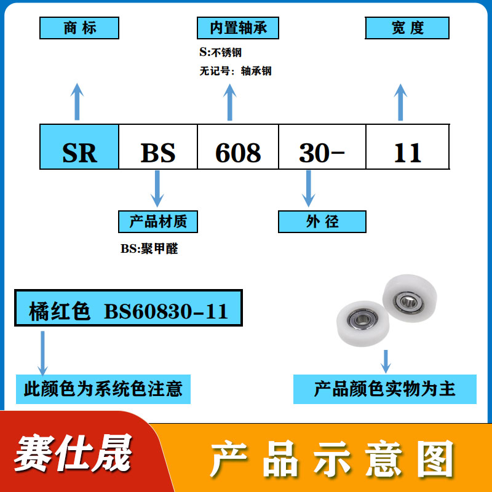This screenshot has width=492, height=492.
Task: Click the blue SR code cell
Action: pyautogui.click(x=79, y=146)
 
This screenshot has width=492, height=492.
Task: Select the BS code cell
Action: pyautogui.click(x=158, y=146)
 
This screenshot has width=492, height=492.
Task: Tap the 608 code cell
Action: pyautogui.click(x=238, y=146)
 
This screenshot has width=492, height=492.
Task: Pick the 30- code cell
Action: pyautogui.click(x=322, y=146)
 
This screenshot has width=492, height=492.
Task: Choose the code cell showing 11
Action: pyautogui.click(x=407, y=146)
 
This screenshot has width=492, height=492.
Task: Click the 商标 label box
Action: pyautogui.click(x=79, y=28)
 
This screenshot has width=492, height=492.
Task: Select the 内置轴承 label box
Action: pyautogui.click(x=237, y=28)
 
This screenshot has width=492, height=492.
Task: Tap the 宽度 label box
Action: pyautogui.click(x=407, y=28)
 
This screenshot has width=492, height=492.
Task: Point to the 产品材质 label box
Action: pyautogui.click(x=158, y=221)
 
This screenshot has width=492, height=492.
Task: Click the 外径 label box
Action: pyautogui.click(x=322, y=221)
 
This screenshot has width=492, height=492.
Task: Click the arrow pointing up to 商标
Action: pyautogui.click(x=77, y=101)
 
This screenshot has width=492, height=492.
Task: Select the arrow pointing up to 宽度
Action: pyautogui.click(x=400, y=101)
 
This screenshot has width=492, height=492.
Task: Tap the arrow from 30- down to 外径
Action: pyautogui.click(x=308, y=189)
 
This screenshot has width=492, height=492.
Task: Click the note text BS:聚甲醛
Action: pyautogui.click(x=149, y=249)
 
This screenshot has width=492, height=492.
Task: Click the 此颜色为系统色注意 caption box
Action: pyautogui.click(x=103, y=389)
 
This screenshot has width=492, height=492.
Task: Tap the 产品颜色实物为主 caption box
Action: pyautogui.click(x=385, y=389)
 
